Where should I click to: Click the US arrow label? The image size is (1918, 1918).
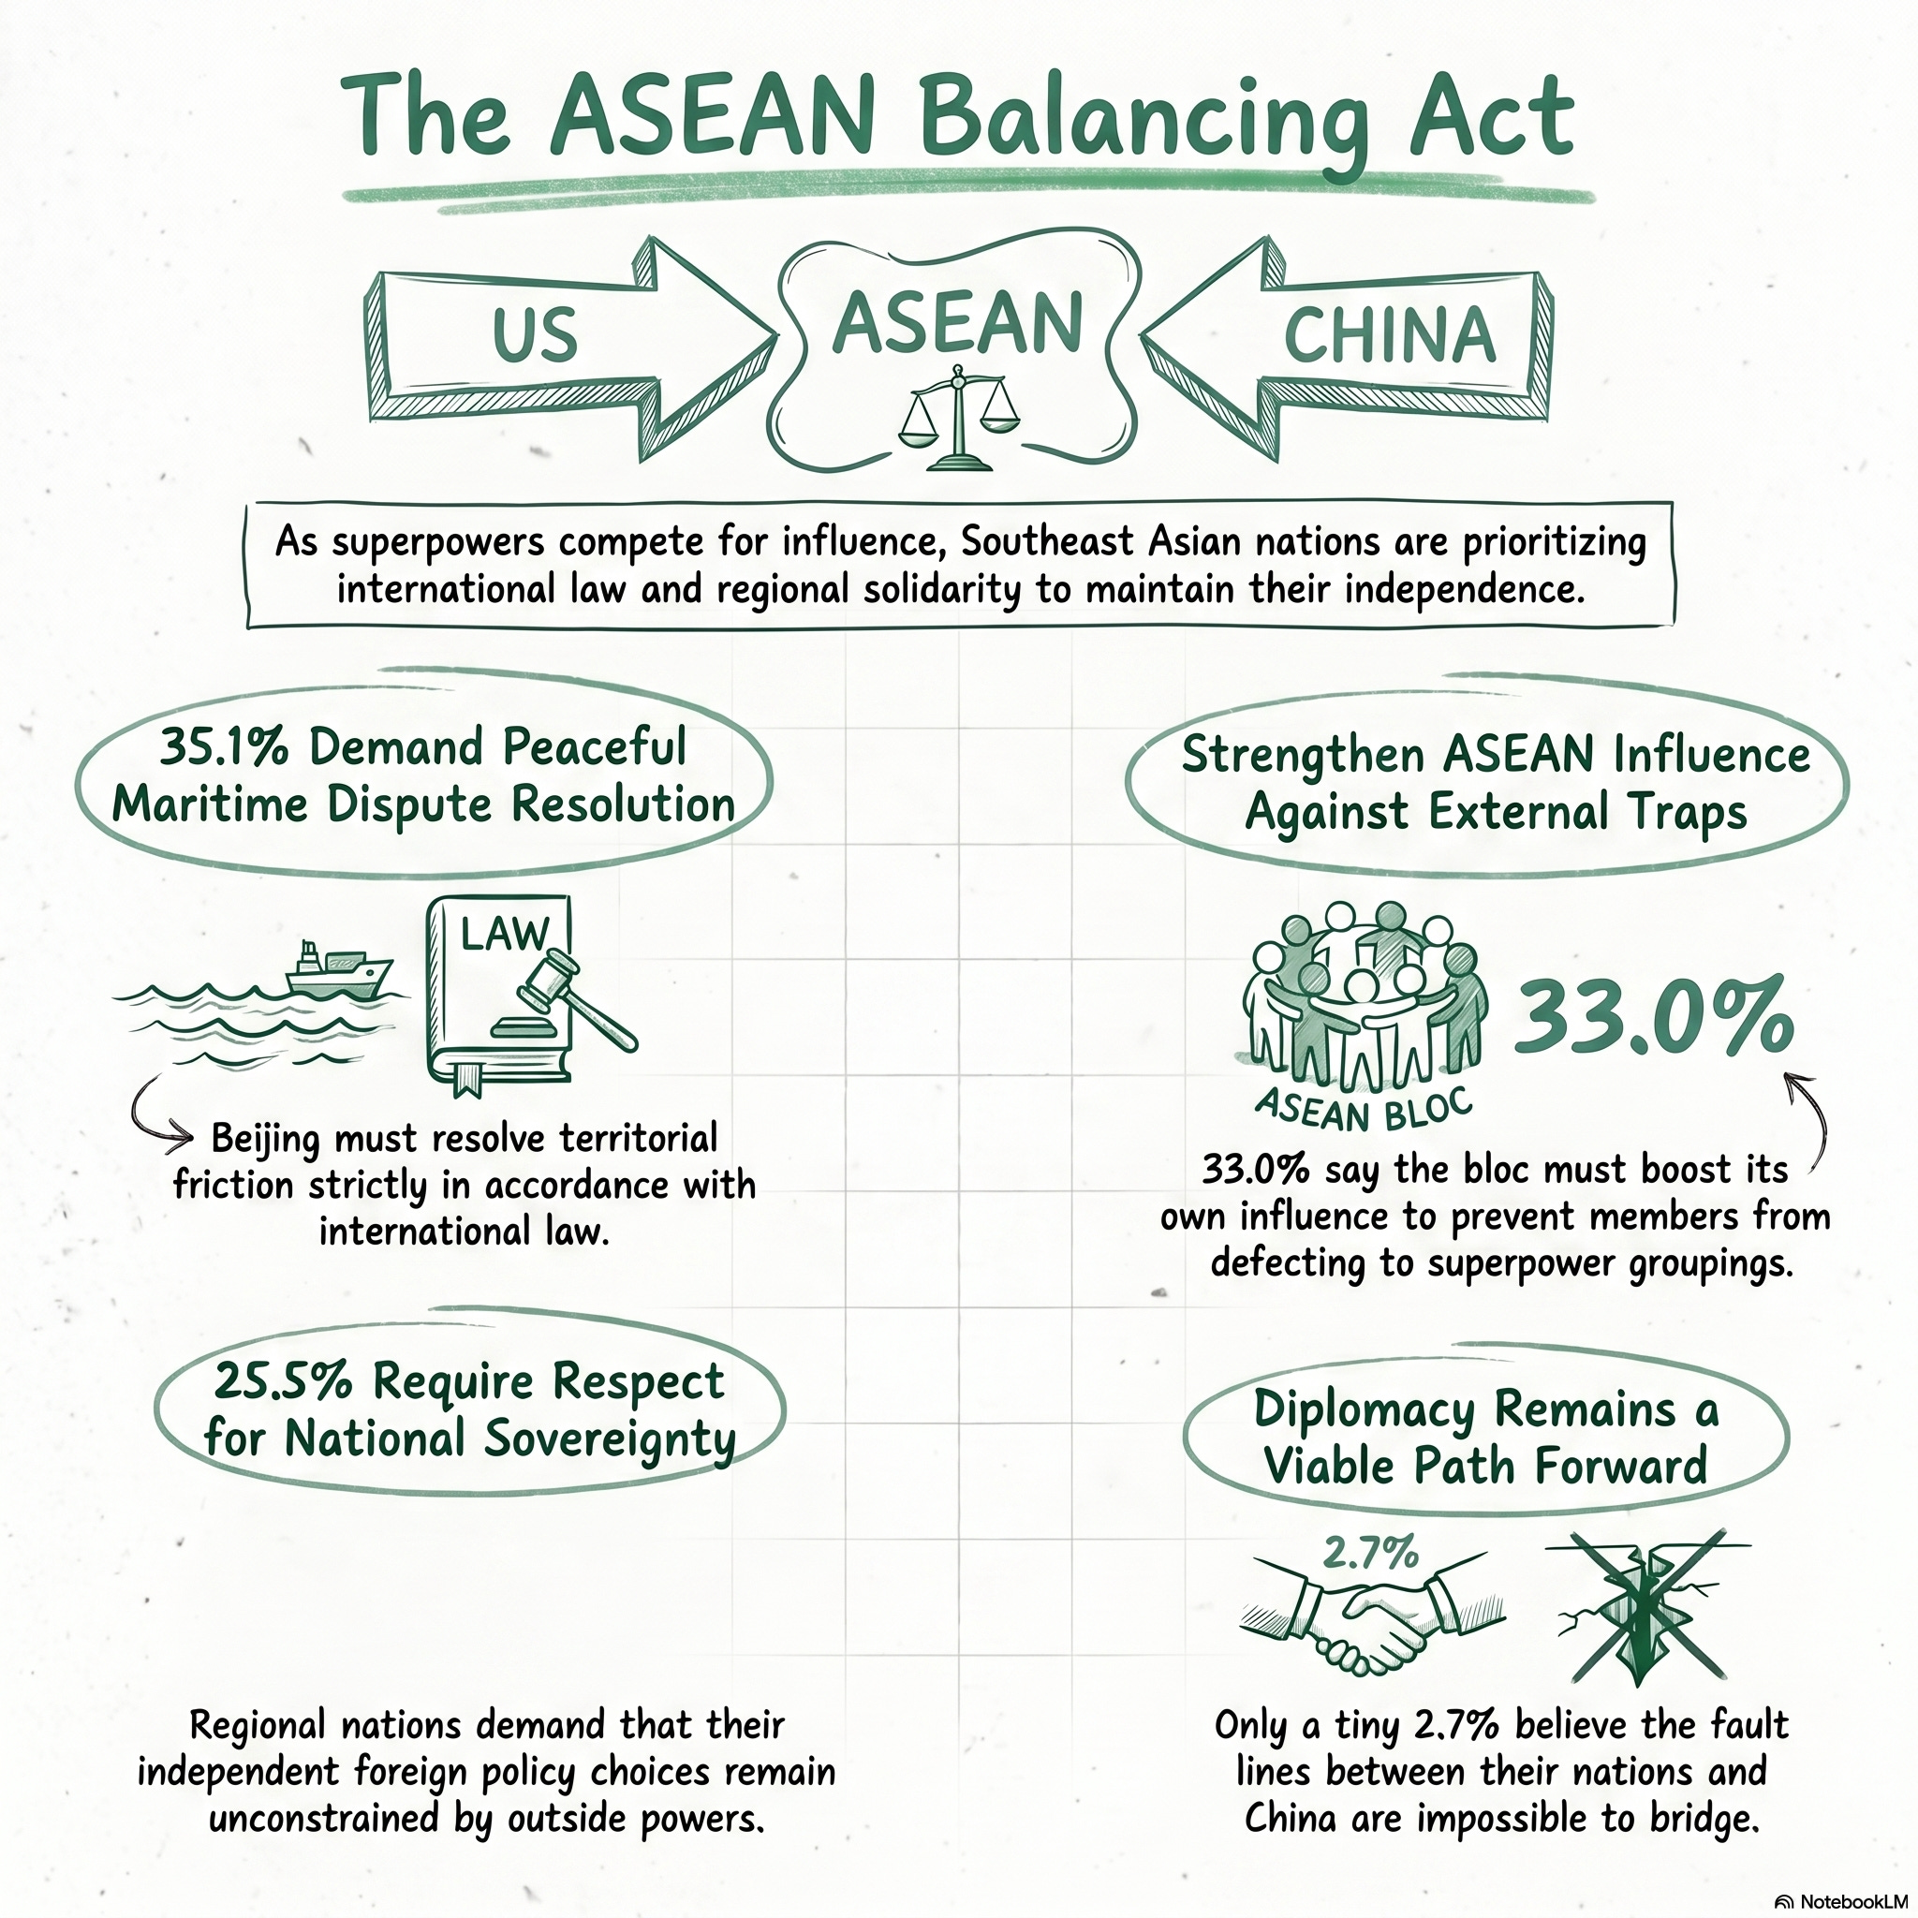[535, 334]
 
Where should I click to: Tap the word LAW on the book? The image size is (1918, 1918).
[503, 933]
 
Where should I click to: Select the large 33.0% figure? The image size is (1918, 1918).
[1653, 1015]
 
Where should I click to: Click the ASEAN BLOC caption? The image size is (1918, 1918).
[1362, 1110]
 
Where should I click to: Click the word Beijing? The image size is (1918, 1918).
[265, 1140]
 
